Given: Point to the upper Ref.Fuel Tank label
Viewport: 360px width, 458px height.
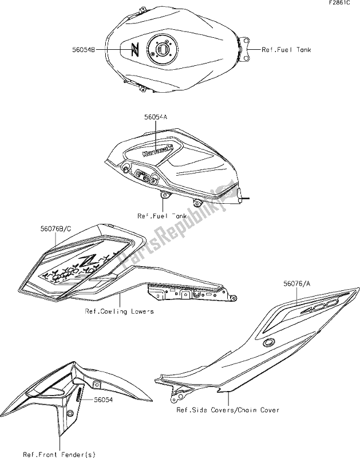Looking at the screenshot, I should (286, 50).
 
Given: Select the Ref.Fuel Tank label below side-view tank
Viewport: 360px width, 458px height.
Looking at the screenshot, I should (162, 216).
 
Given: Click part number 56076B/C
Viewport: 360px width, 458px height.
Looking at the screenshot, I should (56, 229).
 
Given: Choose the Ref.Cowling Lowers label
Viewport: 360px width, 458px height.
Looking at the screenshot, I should (119, 312).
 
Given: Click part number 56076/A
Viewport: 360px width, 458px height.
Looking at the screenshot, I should (298, 283).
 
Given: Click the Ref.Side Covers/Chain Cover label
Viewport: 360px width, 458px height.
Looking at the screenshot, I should (228, 410).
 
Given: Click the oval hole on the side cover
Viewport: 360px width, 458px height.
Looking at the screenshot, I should (268, 342).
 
